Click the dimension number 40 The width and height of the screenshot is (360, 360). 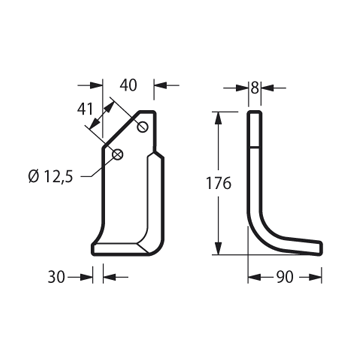(x=128, y=86)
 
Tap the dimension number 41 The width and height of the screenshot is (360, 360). (x=85, y=109)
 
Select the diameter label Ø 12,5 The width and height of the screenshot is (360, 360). (x=51, y=176)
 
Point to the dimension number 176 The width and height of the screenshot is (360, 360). (x=218, y=183)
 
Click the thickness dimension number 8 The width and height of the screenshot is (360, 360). (x=255, y=88)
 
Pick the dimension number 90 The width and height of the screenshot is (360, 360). (x=285, y=277)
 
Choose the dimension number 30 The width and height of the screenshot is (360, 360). (x=56, y=277)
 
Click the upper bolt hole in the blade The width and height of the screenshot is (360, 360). (x=143, y=127)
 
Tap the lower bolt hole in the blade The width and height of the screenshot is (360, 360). (x=118, y=154)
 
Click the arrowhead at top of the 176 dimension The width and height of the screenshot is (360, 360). (x=218, y=118)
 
